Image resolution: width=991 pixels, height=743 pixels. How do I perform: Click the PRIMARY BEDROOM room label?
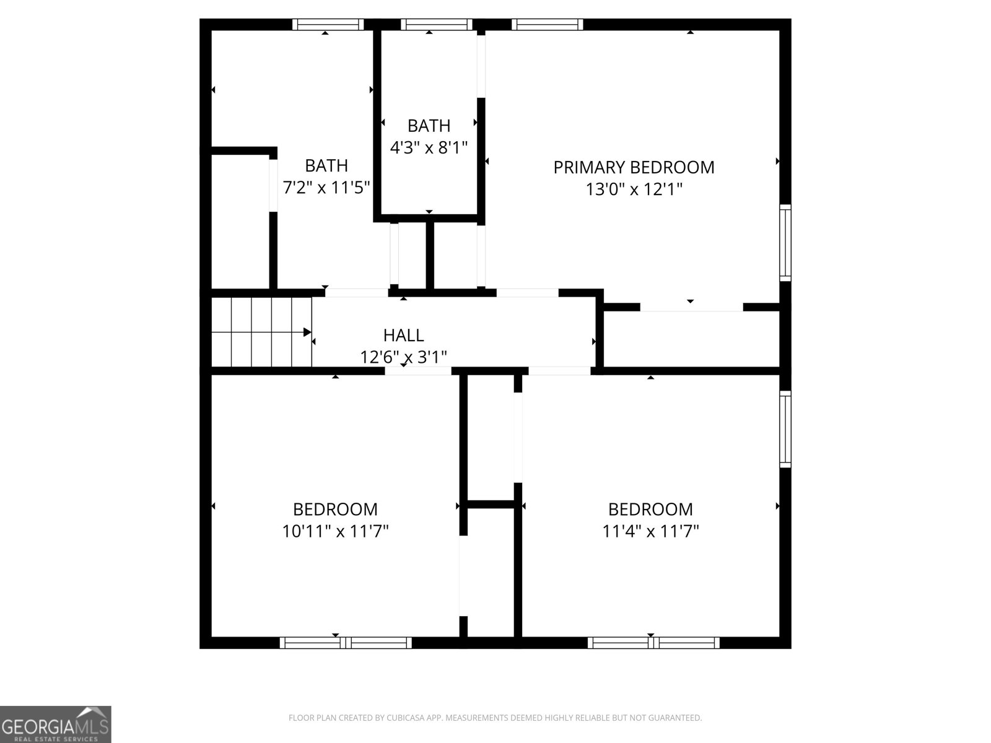click(634, 167)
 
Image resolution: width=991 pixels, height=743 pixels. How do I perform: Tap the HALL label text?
click(404, 335)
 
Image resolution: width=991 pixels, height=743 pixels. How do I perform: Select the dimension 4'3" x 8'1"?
click(429, 147)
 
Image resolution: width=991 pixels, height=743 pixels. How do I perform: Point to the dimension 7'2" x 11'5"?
click(326, 187)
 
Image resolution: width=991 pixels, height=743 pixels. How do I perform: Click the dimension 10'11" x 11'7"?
click(336, 531)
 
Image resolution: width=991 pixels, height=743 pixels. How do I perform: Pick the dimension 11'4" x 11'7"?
click(650, 531)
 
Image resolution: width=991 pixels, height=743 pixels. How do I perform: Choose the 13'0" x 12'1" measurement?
click(634, 189)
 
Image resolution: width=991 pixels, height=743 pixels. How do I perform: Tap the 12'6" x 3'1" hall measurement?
click(404, 357)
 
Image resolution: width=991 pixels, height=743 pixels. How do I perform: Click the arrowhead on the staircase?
click(307, 332)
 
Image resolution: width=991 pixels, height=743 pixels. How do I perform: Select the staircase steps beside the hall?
click(262, 332)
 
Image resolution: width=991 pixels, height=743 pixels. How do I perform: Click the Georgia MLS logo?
click(56, 724)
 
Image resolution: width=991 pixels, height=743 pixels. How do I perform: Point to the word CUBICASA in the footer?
click(402, 717)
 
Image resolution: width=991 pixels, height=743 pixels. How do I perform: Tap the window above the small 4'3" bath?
click(437, 24)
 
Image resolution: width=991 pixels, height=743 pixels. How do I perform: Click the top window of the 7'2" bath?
click(328, 24)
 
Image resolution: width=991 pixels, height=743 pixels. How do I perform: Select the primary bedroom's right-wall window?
click(785, 243)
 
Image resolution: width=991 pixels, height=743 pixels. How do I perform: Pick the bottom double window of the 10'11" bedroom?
click(346, 643)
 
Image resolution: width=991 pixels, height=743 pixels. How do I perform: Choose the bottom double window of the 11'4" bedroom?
click(653, 643)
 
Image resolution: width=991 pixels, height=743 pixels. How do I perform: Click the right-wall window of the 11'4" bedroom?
click(785, 429)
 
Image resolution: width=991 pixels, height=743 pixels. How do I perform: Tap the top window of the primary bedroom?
click(547, 24)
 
